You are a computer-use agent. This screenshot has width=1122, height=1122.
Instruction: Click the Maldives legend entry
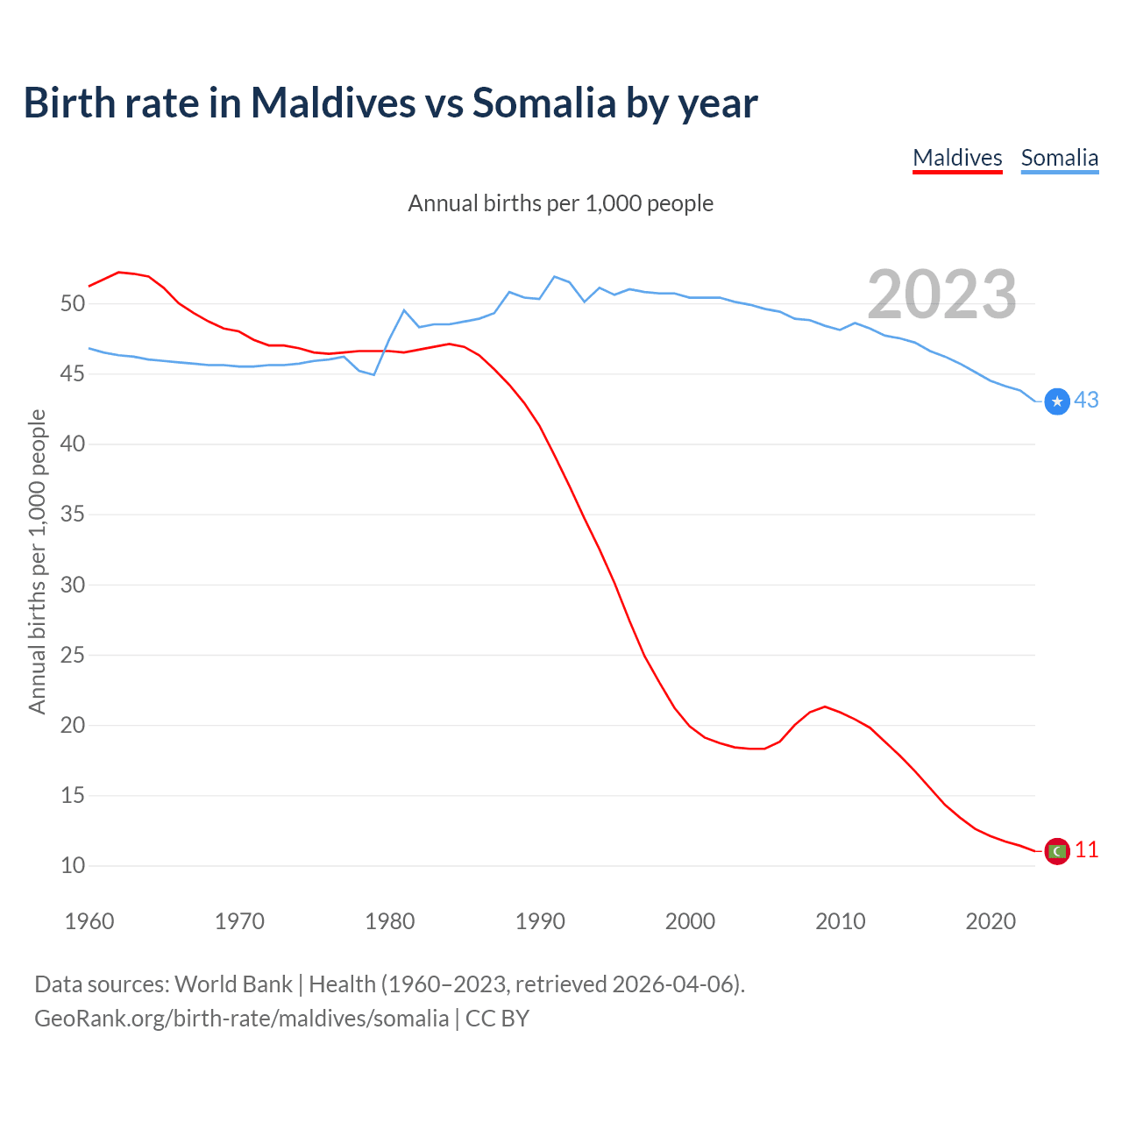[957, 158]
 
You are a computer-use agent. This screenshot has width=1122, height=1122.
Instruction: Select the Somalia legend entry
[1059, 158]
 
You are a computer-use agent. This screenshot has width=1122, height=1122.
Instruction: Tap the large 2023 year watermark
[941, 295]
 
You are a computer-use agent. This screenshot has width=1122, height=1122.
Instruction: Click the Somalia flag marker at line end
[1058, 401]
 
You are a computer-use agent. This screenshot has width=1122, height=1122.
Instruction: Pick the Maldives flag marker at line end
[1057, 851]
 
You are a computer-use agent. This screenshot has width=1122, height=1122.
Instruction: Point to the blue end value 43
[1086, 401]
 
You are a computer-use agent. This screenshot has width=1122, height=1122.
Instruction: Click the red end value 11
[1086, 850]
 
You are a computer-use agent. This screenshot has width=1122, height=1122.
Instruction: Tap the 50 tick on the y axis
[73, 304]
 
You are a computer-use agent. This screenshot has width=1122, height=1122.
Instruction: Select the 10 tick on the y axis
[73, 866]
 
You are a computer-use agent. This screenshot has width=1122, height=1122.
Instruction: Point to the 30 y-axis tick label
[73, 585]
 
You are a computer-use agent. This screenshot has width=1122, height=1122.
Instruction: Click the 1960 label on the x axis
[89, 921]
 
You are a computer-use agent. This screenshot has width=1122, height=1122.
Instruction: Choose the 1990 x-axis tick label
[540, 921]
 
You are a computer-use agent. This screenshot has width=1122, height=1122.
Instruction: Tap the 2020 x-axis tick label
[991, 921]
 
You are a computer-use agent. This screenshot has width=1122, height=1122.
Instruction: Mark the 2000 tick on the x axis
[690, 921]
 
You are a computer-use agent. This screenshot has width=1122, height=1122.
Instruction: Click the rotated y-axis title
[37, 561]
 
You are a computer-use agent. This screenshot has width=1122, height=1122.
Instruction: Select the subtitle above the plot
[560, 203]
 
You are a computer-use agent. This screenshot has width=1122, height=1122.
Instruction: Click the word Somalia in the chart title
[543, 103]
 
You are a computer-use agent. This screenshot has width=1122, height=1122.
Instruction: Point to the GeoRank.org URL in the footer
[241, 1019]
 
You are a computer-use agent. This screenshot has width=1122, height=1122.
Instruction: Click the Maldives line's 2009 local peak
[825, 707]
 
